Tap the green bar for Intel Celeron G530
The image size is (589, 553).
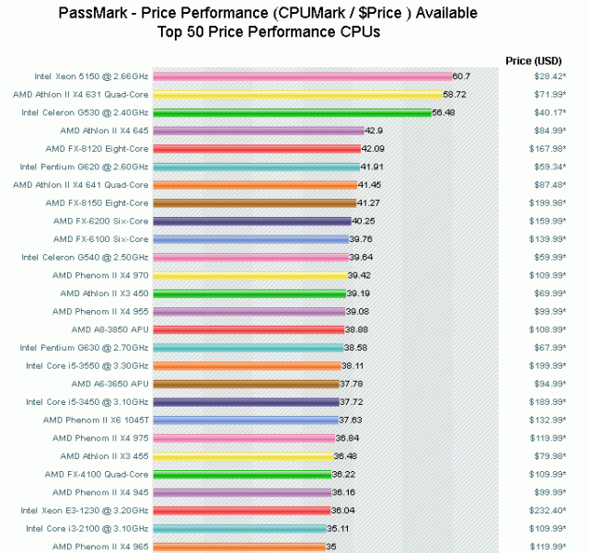pos(292,112)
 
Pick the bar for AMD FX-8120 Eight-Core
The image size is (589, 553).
pos(257,148)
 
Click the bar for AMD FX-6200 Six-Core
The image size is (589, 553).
pos(252,221)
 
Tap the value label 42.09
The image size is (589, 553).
pos(373,148)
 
